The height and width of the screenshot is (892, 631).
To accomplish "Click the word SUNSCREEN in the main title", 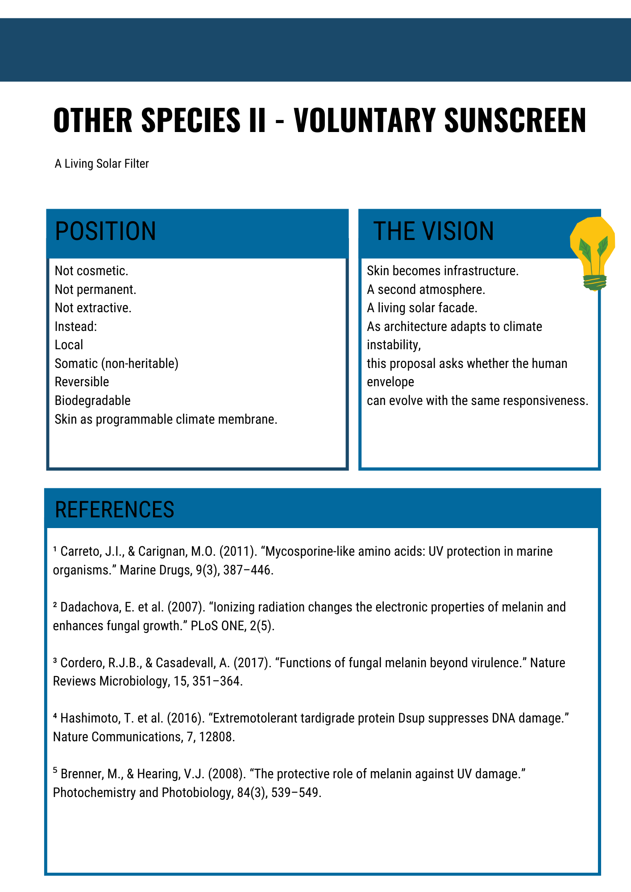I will pos(515,120).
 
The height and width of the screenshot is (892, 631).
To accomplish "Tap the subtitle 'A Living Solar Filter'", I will pos(102,164).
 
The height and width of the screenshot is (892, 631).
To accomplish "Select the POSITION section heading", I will pos(106,231).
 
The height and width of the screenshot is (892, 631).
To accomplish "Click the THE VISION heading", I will pos(434,231).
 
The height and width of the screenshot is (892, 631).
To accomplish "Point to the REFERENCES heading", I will pos(114,509).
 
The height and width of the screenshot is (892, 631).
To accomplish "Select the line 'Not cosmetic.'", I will pos(91,271).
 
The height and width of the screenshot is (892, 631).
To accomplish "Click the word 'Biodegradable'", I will pos(92,401).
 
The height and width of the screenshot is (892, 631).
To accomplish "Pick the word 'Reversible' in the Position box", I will pos(82,382).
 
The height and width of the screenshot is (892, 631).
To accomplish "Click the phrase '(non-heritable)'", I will pos(140,363).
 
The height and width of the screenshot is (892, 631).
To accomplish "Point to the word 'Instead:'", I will pos(75,326).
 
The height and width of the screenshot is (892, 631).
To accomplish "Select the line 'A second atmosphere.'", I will pos(426,289).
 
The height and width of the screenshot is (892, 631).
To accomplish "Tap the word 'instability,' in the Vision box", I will pos(394,345).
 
